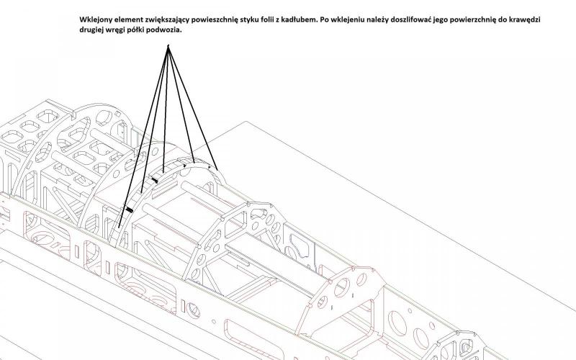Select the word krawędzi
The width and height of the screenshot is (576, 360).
[x=525, y=20]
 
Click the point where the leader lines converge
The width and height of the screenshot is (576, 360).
[x=168, y=45]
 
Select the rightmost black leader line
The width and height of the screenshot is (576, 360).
[x=193, y=108]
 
